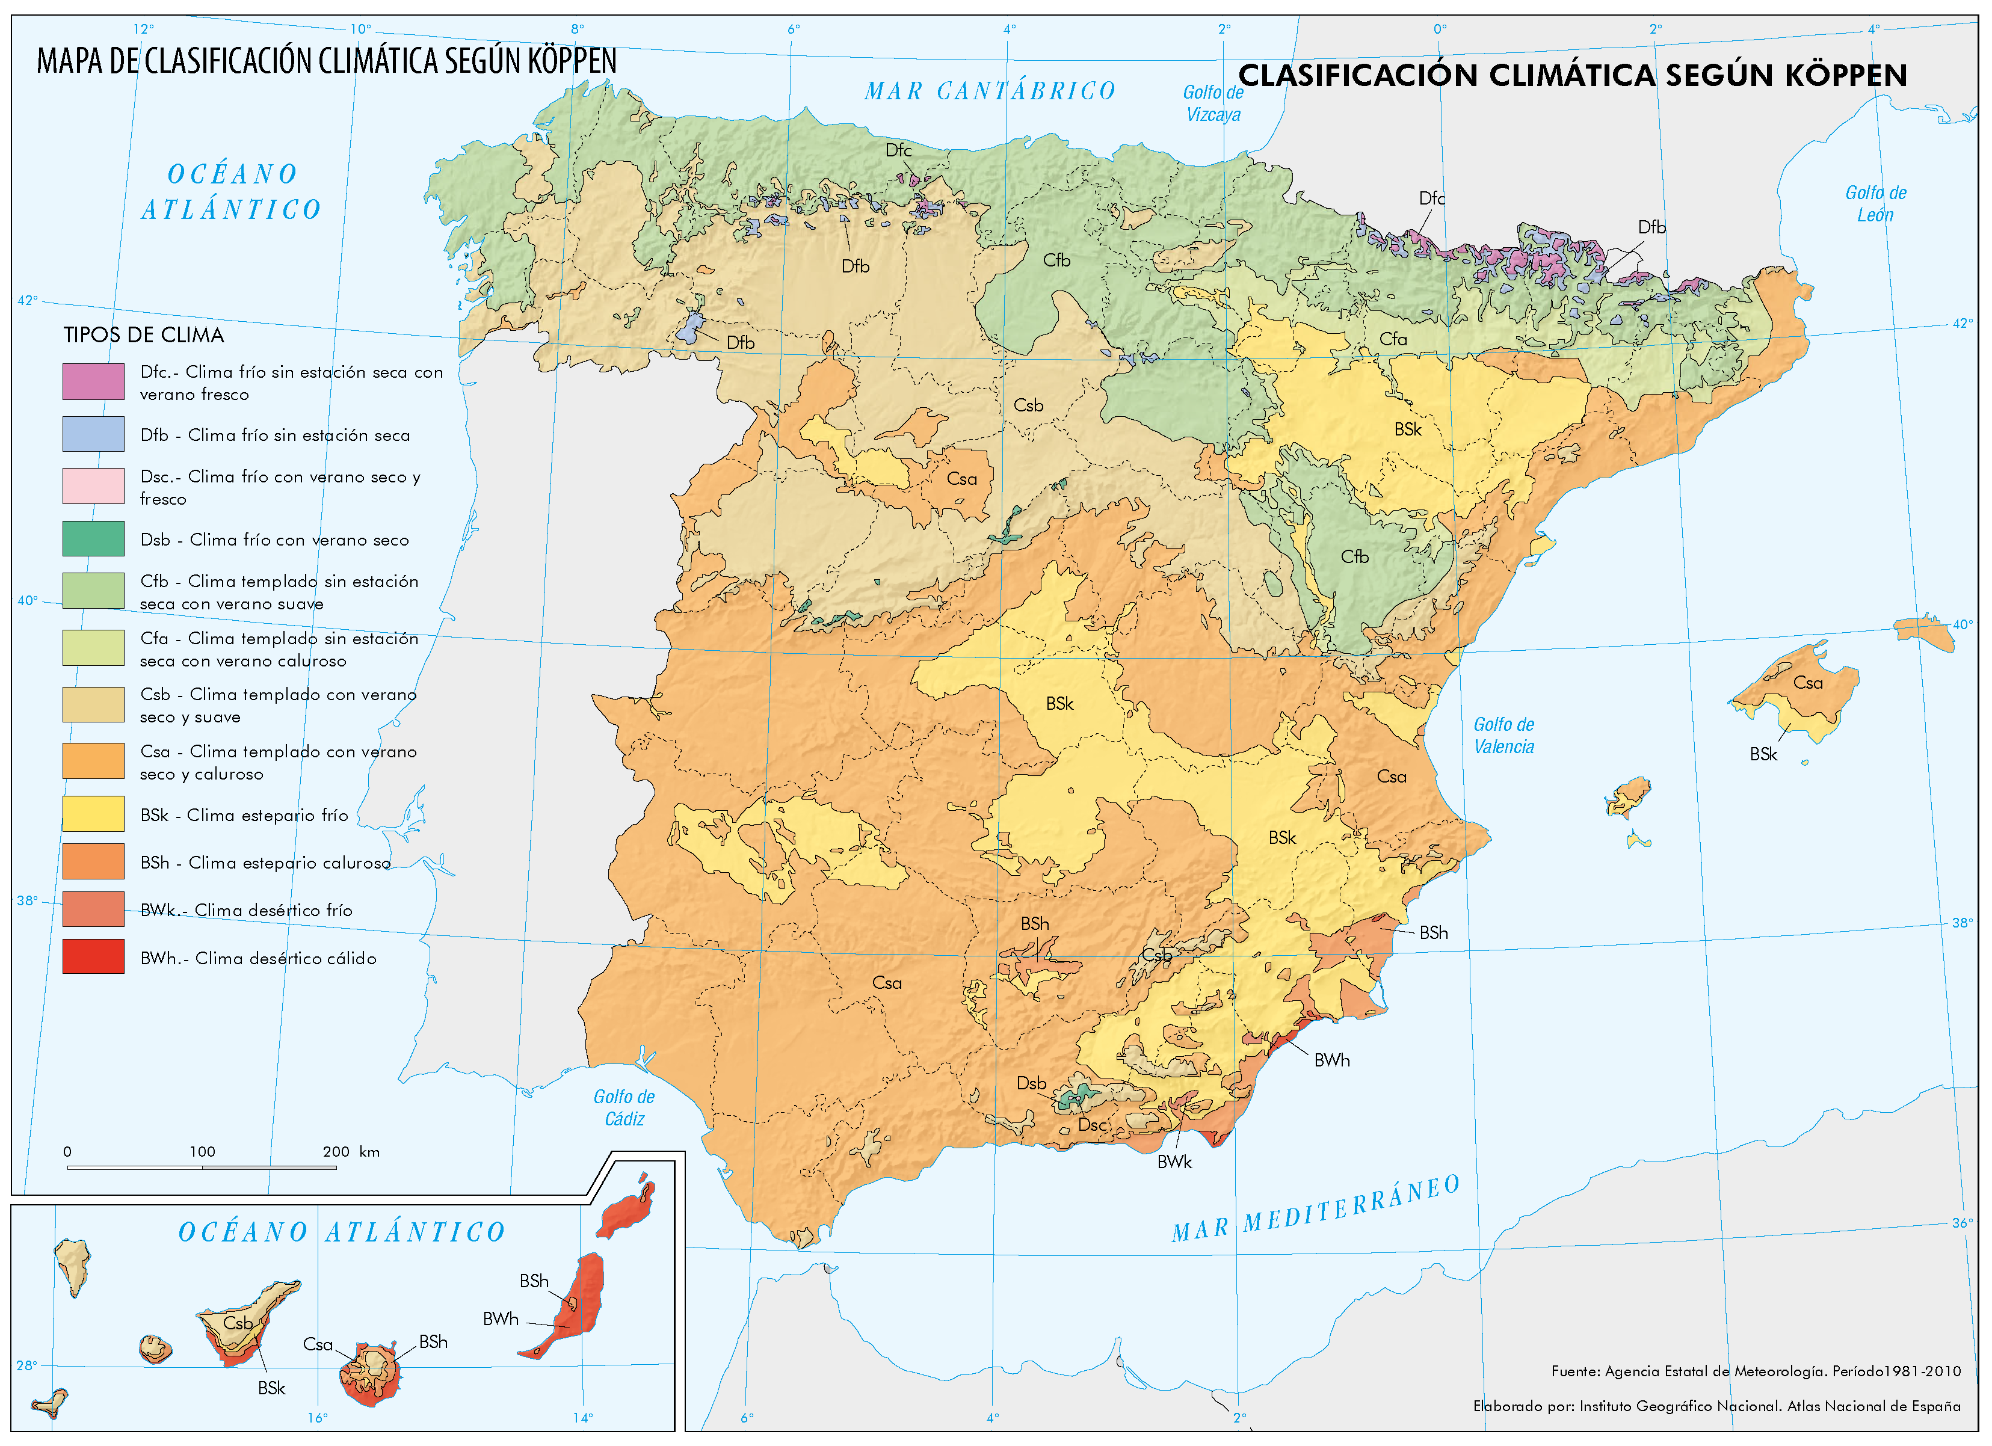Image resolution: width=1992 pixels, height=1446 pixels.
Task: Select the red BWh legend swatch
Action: point(93,957)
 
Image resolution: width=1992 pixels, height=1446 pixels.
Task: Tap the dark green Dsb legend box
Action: point(93,539)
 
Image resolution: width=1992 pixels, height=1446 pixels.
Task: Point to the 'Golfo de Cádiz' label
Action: point(624,1108)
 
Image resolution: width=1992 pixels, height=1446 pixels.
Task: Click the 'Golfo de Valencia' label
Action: point(1503,736)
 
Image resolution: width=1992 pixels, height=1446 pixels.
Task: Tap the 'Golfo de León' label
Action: point(1875,204)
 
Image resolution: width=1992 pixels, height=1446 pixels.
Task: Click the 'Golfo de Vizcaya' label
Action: point(1213,103)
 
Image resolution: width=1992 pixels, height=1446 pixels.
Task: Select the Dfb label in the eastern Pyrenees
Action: point(1651,227)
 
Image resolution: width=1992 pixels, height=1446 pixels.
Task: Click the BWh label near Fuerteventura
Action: point(501,1318)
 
